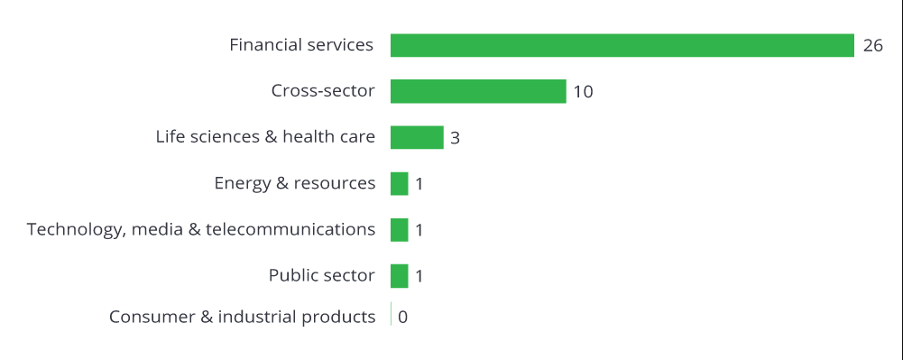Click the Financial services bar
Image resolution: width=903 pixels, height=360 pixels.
[x=622, y=45]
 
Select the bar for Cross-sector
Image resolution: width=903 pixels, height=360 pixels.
[x=478, y=91]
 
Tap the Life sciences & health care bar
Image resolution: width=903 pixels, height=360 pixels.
[x=417, y=137]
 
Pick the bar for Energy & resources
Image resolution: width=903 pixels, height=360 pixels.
[x=400, y=183]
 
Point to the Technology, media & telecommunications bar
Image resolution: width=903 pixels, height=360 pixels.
[x=400, y=229]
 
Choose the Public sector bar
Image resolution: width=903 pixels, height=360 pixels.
[x=400, y=275]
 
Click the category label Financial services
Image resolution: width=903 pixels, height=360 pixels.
[x=301, y=44]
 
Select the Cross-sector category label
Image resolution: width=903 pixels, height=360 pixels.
[x=323, y=90]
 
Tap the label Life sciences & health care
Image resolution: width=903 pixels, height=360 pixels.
[x=265, y=137]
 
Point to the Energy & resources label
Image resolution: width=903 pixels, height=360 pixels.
[x=295, y=183]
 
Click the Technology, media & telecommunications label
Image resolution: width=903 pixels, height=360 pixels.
[x=201, y=229]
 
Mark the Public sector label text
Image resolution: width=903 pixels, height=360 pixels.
[x=321, y=275]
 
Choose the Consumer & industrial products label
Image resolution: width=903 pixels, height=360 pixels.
[x=242, y=317]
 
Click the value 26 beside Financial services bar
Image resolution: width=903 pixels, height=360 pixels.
[x=872, y=45]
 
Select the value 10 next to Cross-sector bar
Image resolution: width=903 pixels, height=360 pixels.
[x=583, y=92]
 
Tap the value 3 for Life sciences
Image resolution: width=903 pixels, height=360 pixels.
[x=456, y=138]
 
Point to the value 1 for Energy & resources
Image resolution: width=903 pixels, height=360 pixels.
[x=419, y=184]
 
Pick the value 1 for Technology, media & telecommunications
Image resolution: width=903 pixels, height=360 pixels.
[x=419, y=230]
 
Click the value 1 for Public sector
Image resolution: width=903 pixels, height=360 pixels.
[x=419, y=276]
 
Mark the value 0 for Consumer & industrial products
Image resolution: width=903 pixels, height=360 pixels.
[x=402, y=317]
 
